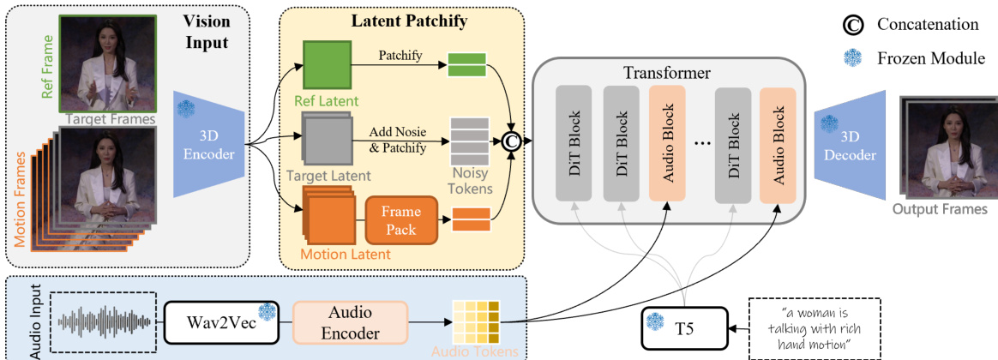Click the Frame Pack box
click(401, 219)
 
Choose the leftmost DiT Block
click(574, 142)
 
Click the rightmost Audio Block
click(776, 142)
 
